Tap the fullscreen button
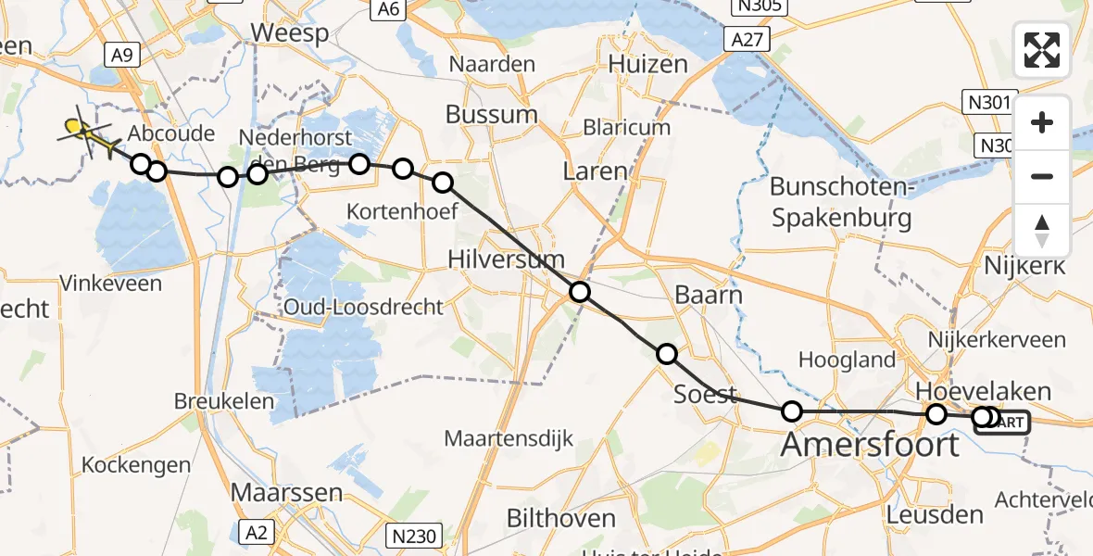(1042, 50)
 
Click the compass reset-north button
(1042, 231)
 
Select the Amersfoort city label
(871, 445)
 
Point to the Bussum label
(491, 115)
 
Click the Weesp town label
(290, 34)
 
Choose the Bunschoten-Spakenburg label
(841, 203)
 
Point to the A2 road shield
(258, 531)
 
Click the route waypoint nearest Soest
(667, 353)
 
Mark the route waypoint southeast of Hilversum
(579, 293)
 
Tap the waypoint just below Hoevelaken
(936, 414)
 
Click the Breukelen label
(224, 401)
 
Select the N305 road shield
(757, 7)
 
